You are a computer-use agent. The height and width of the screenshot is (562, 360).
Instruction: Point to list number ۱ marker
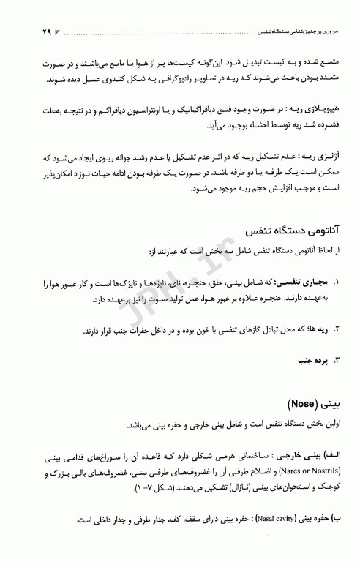pyautogui.click(x=336, y=281)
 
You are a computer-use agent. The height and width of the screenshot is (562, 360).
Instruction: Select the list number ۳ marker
pyautogui.click(x=336, y=360)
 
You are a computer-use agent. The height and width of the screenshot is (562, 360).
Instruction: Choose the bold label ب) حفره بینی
pyautogui.click(x=323, y=520)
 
